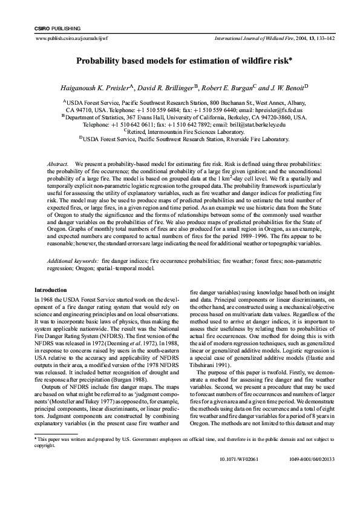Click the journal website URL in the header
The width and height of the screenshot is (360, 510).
pos(68,38)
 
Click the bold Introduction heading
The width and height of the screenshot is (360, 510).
pos(50,290)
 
